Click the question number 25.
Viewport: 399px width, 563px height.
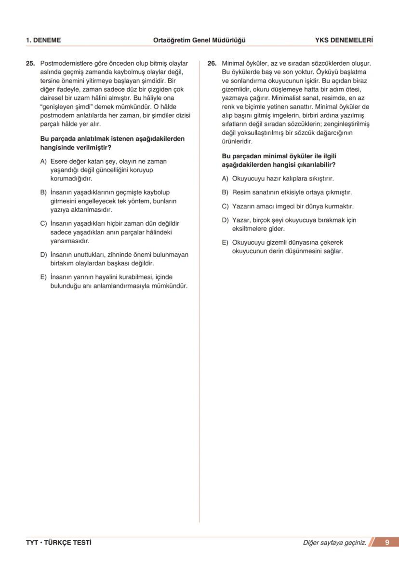click(x=30, y=63)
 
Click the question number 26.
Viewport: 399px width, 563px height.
click(x=211, y=63)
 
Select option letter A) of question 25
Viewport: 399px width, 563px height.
click(x=43, y=162)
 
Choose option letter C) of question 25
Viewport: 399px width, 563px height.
click(x=43, y=224)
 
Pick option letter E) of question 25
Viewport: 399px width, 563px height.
click(x=43, y=277)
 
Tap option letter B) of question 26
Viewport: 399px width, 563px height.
click(x=225, y=192)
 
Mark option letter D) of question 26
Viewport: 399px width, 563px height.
click(x=225, y=220)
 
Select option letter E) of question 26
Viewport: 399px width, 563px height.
click(x=225, y=243)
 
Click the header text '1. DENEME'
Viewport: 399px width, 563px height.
click(x=43, y=41)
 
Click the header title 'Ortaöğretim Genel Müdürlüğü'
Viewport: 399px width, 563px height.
click(x=199, y=41)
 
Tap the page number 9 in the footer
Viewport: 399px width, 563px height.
click(x=387, y=543)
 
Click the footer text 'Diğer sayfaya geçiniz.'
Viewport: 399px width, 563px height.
click(x=334, y=543)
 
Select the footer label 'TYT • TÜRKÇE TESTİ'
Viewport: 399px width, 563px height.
click(x=59, y=543)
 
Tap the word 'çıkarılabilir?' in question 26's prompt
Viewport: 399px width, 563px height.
click(x=316, y=165)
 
